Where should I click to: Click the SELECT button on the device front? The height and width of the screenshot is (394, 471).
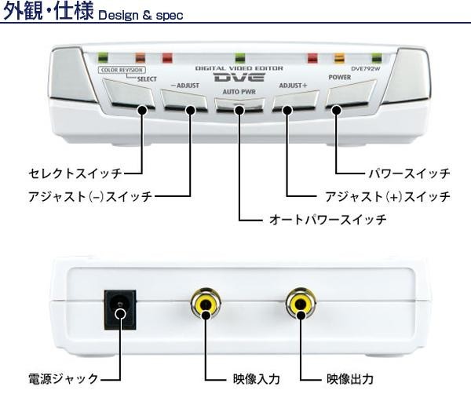pyautogui.click(x=130, y=96)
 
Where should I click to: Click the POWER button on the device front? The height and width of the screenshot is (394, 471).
pyautogui.click(x=348, y=97)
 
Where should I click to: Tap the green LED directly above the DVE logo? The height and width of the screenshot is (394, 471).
pyautogui.click(x=240, y=57)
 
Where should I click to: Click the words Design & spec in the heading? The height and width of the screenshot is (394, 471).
pyautogui.click(x=141, y=15)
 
